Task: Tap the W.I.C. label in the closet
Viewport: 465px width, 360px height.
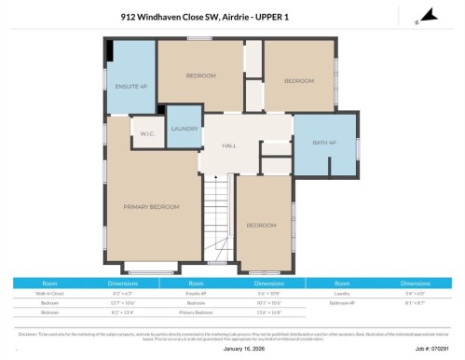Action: [147, 133]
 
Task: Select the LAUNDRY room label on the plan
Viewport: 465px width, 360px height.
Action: [184, 130]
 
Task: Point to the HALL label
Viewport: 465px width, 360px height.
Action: [228, 145]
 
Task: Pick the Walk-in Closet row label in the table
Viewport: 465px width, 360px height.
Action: [50, 292]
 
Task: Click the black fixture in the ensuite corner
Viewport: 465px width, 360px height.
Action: [110, 50]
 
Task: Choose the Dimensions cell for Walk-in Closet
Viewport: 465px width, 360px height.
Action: [122, 292]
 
